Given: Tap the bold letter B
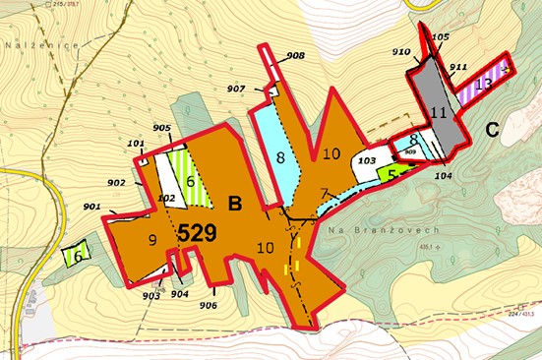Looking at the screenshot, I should point(235,204).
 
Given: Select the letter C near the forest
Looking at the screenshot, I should point(493,126).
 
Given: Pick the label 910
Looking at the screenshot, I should point(401,51).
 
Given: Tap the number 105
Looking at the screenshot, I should point(440,36).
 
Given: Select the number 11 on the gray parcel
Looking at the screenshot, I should point(439,113).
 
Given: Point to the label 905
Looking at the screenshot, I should point(162,129).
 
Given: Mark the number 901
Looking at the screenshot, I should point(92,206).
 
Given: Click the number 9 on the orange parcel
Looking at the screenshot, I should point(152,239).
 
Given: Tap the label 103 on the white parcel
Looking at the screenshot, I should point(367,159).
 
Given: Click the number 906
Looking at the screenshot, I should point(208,305).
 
